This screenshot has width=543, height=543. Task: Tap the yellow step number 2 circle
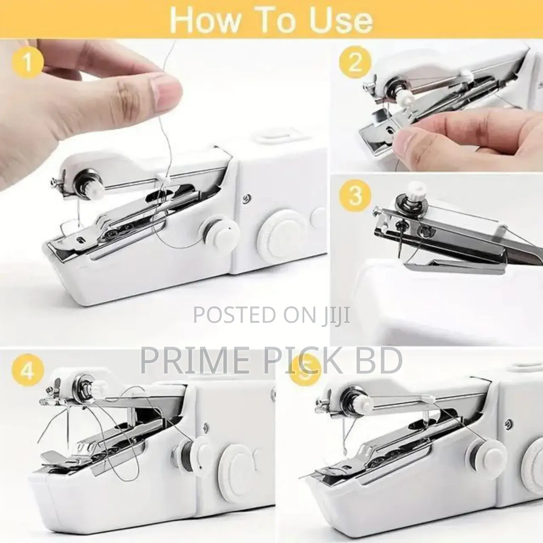pyautogui.click(x=355, y=62)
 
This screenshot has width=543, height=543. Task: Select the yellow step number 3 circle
pyautogui.click(x=355, y=195)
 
